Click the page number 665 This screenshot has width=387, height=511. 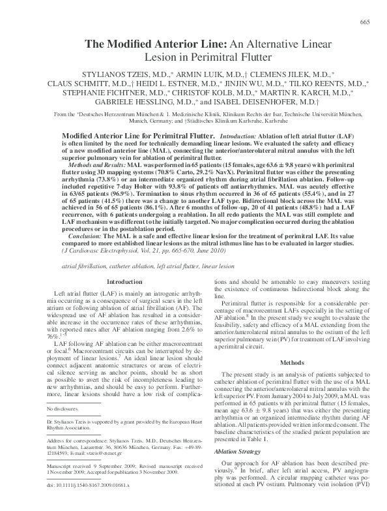pyautogui.click(x=365, y=23)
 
